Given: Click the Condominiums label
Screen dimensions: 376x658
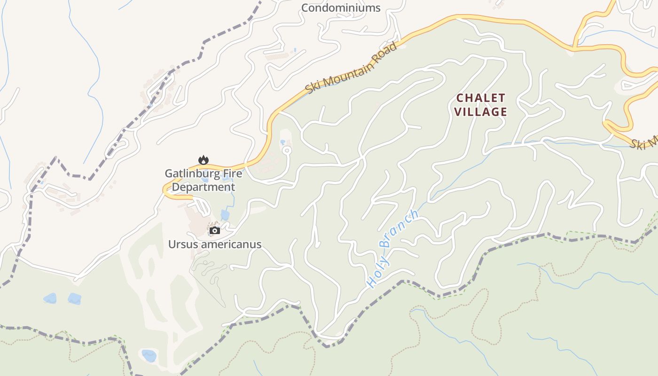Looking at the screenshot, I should pos(341,8).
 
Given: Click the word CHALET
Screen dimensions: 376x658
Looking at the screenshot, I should pos(481,98).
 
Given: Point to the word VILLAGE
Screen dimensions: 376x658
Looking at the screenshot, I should pos(481,112).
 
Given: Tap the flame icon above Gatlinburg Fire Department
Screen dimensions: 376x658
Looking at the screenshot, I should pos(203,160).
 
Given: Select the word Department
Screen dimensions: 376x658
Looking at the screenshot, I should pos(203,187).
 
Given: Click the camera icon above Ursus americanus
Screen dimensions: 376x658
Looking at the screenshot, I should pos(215,230).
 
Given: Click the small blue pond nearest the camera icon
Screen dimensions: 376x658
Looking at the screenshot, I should pos(225,215).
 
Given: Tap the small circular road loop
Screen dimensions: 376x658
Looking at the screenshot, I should pos(287,150).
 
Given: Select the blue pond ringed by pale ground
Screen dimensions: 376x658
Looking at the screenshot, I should pos(149,355).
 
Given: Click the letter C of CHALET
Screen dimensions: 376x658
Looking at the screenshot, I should pos(460,98).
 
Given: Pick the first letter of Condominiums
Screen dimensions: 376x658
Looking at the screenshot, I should pos(305,8).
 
